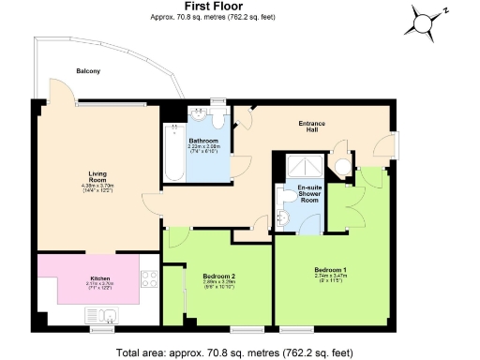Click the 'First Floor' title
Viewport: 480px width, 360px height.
[x=240, y=7]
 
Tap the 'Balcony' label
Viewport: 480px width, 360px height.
[x=90, y=71]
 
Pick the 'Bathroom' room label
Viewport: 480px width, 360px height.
[x=203, y=141]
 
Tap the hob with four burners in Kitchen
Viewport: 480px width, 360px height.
[x=150, y=278]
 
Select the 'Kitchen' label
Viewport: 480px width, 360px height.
[x=100, y=278]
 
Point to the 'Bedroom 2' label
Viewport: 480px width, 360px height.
[x=217, y=275]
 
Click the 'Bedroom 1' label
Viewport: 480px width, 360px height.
[x=330, y=270]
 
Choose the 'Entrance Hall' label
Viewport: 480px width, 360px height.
[x=312, y=127]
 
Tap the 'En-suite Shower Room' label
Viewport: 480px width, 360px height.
[x=310, y=194]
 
